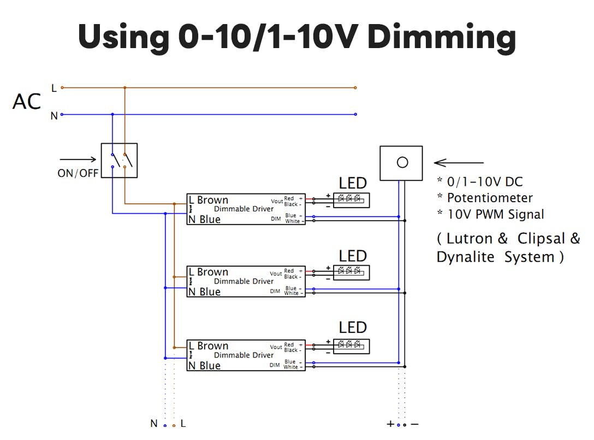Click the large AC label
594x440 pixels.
[x=27, y=102]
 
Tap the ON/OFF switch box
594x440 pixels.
[x=119, y=160]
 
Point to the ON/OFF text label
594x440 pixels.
[x=78, y=174]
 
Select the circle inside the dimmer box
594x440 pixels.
[x=402, y=162]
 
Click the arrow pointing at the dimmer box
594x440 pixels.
[x=459, y=162]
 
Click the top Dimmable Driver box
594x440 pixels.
[x=246, y=209]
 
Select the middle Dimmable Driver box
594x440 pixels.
[x=246, y=281]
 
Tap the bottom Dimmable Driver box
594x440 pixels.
[x=246, y=355]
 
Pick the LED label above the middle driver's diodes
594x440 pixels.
[x=353, y=256]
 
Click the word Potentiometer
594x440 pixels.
[x=490, y=198]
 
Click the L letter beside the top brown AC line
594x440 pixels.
[x=54, y=87]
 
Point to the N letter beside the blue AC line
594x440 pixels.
[x=54, y=116]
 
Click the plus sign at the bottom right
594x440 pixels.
[x=390, y=424]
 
